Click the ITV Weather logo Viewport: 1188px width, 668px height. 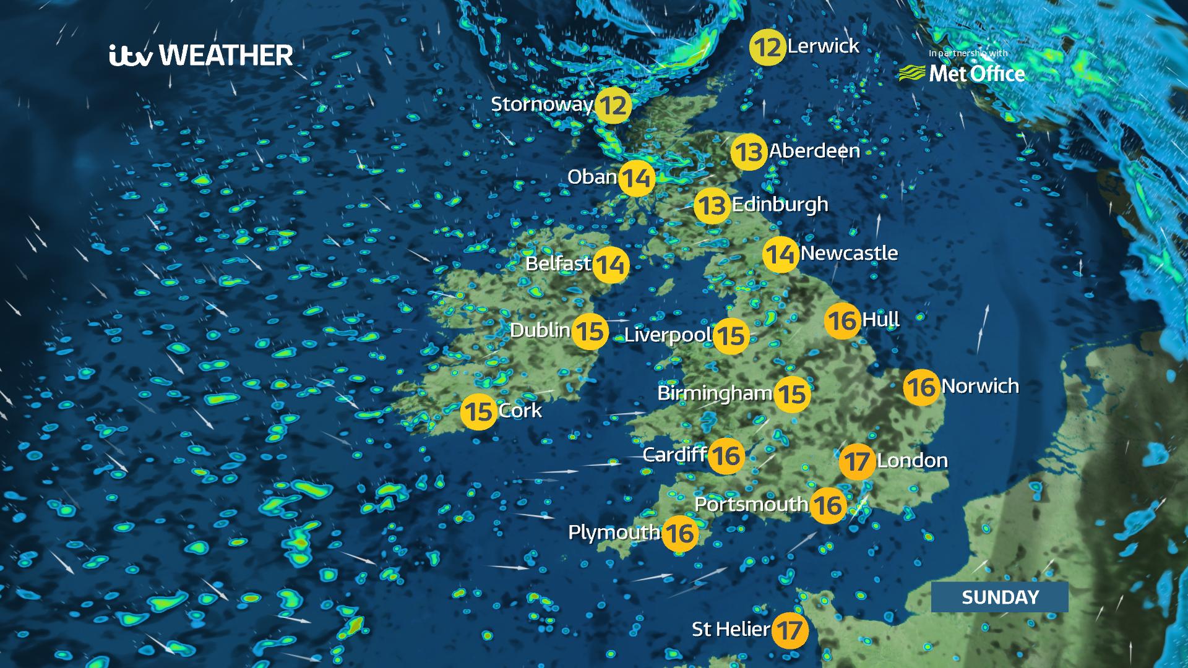click(201, 56)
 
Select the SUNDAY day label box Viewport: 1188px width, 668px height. click(999, 597)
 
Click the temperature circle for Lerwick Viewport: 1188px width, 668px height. click(767, 47)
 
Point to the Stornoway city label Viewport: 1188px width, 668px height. click(541, 104)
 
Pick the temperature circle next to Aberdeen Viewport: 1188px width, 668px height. click(749, 152)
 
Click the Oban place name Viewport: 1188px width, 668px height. click(592, 177)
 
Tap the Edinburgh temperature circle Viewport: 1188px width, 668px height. click(712, 205)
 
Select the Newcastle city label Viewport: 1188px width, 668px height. click(849, 253)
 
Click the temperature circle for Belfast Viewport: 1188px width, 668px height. click(611, 265)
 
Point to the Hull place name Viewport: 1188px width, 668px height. click(880, 320)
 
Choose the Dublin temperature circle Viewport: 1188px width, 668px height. click(590, 332)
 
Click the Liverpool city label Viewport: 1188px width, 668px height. click(667, 335)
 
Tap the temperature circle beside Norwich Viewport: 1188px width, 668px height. click(921, 387)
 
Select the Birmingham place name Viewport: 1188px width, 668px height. click(714, 393)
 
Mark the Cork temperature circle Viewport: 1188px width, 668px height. click(479, 411)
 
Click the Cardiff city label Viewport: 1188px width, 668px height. click(674, 455)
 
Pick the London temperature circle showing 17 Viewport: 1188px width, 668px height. click(857, 461)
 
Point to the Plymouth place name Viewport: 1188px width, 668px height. click(614, 532)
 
